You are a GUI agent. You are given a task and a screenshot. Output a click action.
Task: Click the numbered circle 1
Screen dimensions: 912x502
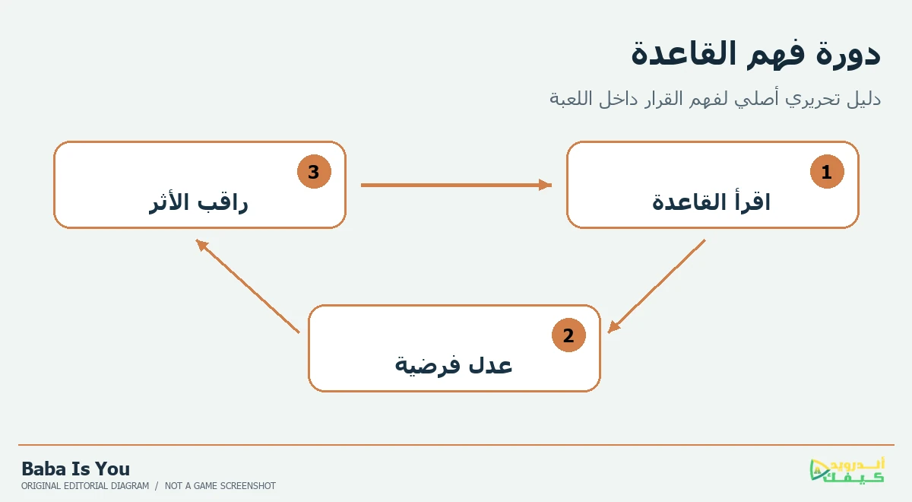click(x=827, y=172)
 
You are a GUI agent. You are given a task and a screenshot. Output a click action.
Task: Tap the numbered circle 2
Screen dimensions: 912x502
click(x=568, y=335)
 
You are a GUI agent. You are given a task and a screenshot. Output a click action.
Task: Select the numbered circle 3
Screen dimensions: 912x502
click(x=314, y=172)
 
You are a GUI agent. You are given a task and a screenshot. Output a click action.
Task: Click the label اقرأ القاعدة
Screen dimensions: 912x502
click(x=711, y=202)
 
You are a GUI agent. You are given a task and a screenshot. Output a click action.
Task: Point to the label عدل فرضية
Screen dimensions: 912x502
click(x=454, y=364)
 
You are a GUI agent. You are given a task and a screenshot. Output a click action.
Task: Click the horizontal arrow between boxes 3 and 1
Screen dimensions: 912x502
click(x=456, y=185)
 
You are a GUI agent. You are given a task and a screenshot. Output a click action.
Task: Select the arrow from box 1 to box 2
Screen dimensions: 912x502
click(x=657, y=287)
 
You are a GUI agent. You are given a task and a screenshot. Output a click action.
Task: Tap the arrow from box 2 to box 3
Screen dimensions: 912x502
click(x=248, y=286)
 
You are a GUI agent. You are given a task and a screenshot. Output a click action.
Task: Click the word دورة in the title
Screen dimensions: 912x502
click(x=848, y=54)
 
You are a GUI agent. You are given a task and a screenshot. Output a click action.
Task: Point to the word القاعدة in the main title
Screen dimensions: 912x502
click(x=684, y=53)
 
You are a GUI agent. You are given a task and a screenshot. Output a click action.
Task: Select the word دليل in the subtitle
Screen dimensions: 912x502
click(x=864, y=99)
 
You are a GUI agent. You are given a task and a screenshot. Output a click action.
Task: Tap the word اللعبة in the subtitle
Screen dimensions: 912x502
click(x=568, y=99)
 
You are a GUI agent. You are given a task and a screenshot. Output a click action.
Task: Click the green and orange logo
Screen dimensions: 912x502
click(x=847, y=470)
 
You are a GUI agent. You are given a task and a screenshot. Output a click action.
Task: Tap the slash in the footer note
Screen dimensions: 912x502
click(x=157, y=486)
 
